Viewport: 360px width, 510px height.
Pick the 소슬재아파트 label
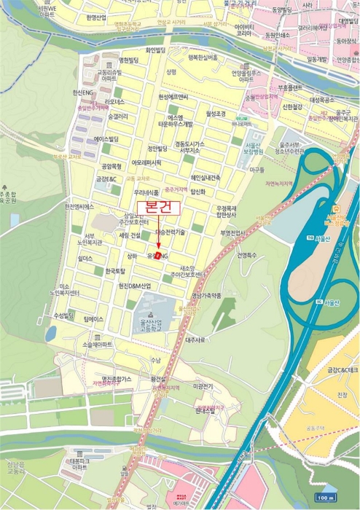tap(98, 344)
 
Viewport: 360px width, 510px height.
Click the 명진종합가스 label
tap(117, 379)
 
